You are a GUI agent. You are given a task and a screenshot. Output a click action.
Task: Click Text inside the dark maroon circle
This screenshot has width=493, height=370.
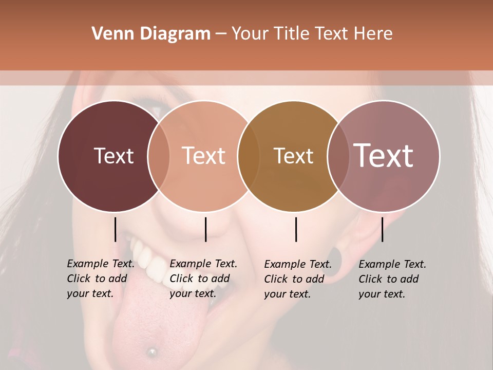click(113, 156)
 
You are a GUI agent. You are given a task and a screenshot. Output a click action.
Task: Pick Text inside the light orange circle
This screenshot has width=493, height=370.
click(204, 156)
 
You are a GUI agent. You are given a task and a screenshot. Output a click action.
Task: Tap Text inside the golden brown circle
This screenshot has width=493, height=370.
click(294, 156)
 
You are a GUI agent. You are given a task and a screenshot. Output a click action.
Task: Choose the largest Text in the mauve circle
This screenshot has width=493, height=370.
click(383, 155)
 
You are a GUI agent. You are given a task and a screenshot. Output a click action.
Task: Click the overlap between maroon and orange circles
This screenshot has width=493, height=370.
click(159, 156)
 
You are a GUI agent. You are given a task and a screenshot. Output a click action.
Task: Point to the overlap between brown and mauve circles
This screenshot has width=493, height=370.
click(336, 156)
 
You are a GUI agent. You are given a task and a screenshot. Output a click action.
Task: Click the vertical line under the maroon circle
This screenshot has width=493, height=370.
click(115, 229)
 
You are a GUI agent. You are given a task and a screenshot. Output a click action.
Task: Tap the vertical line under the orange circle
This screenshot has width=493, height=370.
click(205, 229)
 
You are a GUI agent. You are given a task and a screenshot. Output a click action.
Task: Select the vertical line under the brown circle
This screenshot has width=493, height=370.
click(296, 229)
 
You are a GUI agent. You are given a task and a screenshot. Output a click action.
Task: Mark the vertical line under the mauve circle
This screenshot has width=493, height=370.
click(382, 229)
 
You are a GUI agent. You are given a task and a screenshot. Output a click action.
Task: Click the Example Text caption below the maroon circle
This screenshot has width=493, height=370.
click(101, 279)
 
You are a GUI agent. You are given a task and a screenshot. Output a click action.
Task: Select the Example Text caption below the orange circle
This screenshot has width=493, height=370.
click(203, 279)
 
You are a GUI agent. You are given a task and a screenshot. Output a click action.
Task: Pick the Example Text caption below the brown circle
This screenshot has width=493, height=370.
click(298, 279)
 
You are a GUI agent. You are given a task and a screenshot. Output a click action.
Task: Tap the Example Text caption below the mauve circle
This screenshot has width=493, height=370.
click(392, 279)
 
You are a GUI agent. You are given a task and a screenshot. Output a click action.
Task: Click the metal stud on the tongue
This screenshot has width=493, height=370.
click(151, 352)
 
